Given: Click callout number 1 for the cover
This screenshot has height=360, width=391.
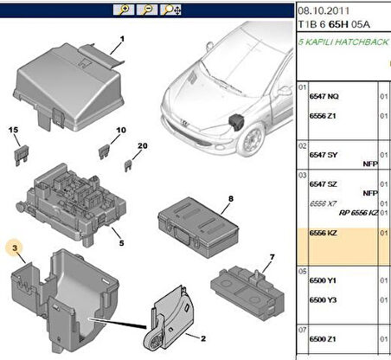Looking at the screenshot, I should (122, 39).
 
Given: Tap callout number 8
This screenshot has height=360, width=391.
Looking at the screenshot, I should (231, 200).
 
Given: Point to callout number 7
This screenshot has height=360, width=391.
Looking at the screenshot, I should (271, 257).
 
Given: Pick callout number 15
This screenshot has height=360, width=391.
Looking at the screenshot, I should (14, 130).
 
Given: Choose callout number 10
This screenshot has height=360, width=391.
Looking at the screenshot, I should (121, 131).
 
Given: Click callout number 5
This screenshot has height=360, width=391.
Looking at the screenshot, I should (121, 243).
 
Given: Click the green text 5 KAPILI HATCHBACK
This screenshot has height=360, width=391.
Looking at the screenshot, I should (343, 42).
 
